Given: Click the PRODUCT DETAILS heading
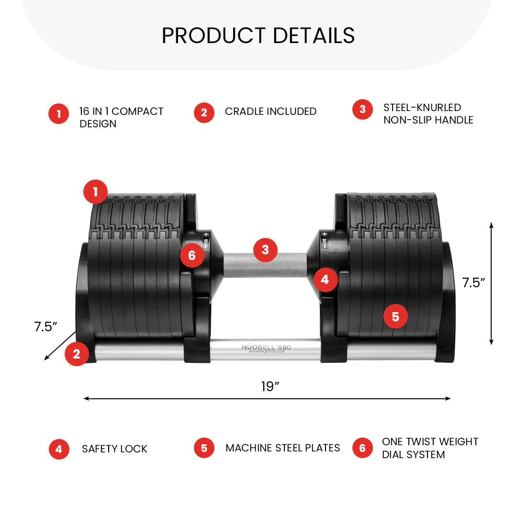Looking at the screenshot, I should [x=258, y=35].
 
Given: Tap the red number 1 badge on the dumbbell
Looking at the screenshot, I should [x=95, y=192].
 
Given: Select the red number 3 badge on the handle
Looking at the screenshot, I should [x=265, y=249].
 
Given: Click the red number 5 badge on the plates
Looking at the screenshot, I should [x=395, y=316].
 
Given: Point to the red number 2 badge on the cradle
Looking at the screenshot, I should [x=77, y=354].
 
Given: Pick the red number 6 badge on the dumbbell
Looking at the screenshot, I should [x=192, y=256].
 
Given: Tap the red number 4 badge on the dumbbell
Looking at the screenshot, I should [x=325, y=280].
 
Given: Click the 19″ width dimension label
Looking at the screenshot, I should [x=270, y=387].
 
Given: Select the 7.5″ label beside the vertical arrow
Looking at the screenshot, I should [x=473, y=283].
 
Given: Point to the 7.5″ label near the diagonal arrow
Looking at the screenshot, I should [x=46, y=327].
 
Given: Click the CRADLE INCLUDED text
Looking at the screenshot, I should [x=270, y=112].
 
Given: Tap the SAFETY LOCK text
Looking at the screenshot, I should [x=114, y=449].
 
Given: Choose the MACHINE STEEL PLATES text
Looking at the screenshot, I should [x=282, y=448].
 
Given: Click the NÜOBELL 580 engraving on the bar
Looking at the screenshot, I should [x=266, y=348].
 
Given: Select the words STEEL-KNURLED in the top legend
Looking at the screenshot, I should [x=422, y=108].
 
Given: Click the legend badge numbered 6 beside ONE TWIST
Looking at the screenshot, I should [x=362, y=448].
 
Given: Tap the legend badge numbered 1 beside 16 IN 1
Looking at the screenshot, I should [x=59, y=114].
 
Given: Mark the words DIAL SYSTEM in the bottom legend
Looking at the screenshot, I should [x=413, y=454].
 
